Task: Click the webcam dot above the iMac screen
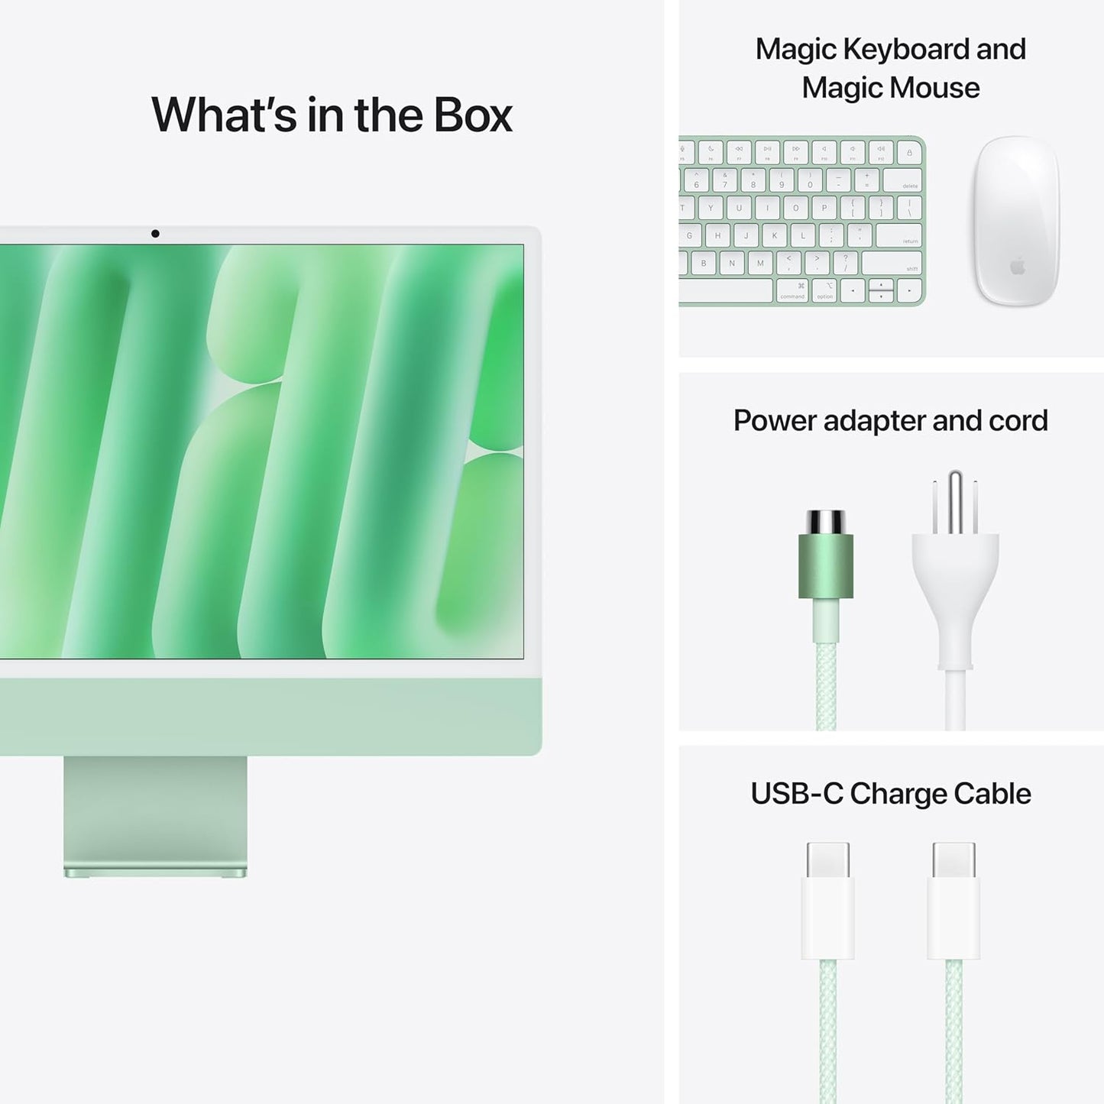coord(155,234)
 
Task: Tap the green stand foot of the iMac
coord(155,872)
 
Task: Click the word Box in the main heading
coord(473,115)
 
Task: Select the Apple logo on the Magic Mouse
coord(1017,267)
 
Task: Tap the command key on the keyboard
coord(792,291)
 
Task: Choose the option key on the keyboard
coord(825,291)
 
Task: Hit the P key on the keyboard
coord(824,208)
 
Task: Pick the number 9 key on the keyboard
coord(782,180)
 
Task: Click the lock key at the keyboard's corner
coord(909,153)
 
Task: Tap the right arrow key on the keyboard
coord(908,291)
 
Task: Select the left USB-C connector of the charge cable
coord(827,902)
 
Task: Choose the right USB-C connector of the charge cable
coord(953,902)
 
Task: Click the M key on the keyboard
coord(760,264)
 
